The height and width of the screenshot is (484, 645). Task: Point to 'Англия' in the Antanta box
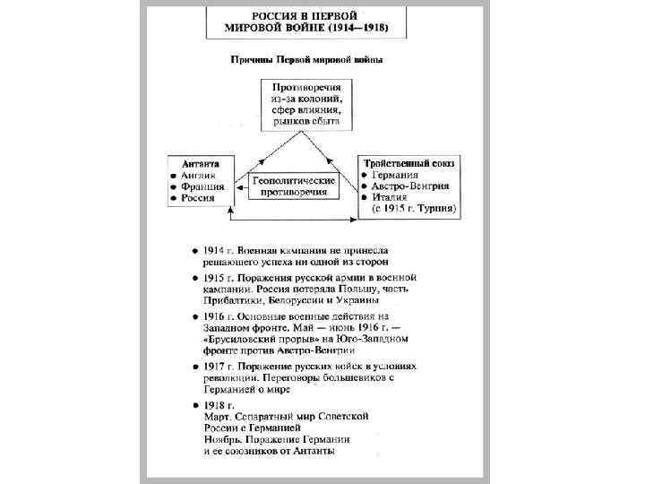tap(198, 175)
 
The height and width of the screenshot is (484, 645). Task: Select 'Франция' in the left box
tap(202, 186)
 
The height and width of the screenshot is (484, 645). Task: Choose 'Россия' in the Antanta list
tap(199, 198)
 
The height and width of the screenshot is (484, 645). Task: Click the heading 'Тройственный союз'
tap(408, 163)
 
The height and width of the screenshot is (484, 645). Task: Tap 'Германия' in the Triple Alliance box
tap(395, 175)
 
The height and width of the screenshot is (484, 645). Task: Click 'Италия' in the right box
tap(390, 198)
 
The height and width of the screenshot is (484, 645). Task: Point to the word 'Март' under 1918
tap(218, 417)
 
